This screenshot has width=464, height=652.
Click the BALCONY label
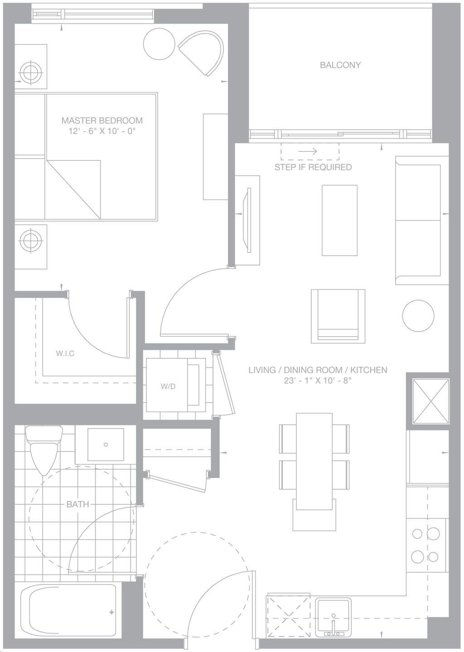[340, 65]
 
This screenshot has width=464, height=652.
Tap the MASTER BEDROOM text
[102, 120]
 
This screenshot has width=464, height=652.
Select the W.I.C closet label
[65, 354]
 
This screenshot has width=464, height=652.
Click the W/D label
[168, 386]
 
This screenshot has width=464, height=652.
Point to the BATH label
[77, 504]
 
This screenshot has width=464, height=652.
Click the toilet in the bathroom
[44, 450]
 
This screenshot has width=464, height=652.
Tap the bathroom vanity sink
[106, 444]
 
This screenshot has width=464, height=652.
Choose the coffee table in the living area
[339, 220]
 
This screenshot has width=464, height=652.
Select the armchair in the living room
[338, 316]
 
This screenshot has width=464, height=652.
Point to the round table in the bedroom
[159, 44]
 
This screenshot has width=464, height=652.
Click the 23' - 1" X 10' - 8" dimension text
[318, 381]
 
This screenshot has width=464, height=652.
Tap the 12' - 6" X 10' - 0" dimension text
[102, 131]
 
